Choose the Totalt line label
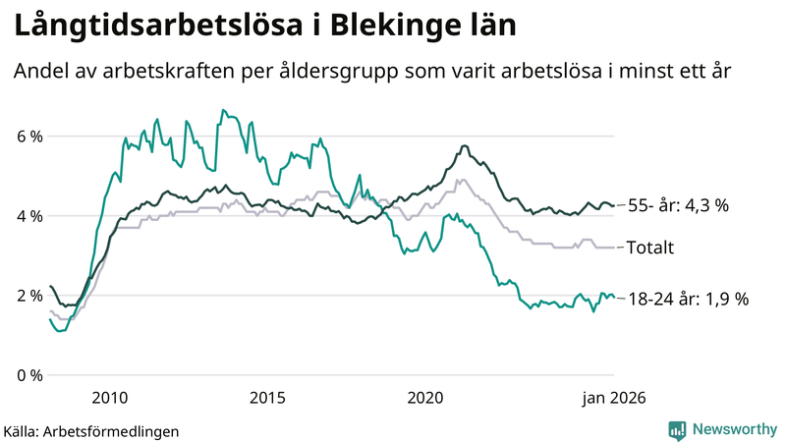pyautogui.click(x=649, y=249)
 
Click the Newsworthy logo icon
pyautogui.click(x=677, y=429)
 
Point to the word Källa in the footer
pyautogui.click(x=23, y=430)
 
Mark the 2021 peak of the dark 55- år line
pyautogui.click(x=464, y=146)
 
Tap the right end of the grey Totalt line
pyautogui.click(x=614, y=248)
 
